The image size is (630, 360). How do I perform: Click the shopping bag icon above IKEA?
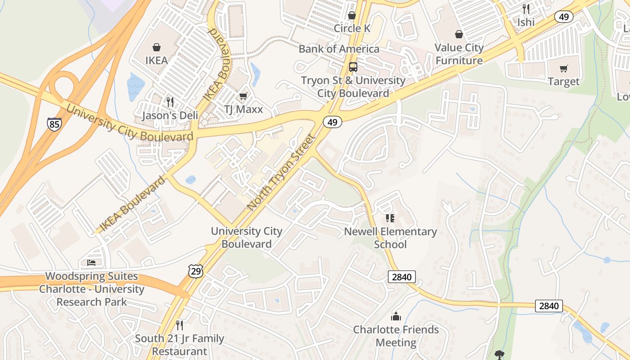[x=157, y=47]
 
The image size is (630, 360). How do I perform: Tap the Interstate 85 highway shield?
[x=54, y=124]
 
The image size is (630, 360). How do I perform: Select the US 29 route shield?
[x=196, y=271]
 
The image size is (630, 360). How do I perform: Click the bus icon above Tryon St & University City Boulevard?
[x=353, y=67]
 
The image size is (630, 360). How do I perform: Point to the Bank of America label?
[x=339, y=49]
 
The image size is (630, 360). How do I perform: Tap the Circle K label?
[x=352, y=28]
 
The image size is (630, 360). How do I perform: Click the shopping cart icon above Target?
[x=563, y=68]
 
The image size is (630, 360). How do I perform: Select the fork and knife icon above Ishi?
[x=526, y=9]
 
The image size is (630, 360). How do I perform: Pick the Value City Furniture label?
[x=459, y=54]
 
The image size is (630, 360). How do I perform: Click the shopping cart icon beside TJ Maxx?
[x=243, y=96]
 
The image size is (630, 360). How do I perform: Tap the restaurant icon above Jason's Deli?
[x=170, y=102]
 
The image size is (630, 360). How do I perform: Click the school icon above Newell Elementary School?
[x=390, y=218]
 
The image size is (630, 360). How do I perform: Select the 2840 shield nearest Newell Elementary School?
[x=401, y=277]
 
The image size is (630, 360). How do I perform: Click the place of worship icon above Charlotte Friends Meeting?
[x=396, y=316]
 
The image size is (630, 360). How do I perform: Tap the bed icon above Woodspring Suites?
[x=91, y=263]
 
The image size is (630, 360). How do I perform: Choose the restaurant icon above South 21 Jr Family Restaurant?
[x=179, y=325]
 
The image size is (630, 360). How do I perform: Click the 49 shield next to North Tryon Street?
[x=332, y=122]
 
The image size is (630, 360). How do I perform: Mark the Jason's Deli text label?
[x=170, y=116]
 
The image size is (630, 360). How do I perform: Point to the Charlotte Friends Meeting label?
[x=396, y=336]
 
